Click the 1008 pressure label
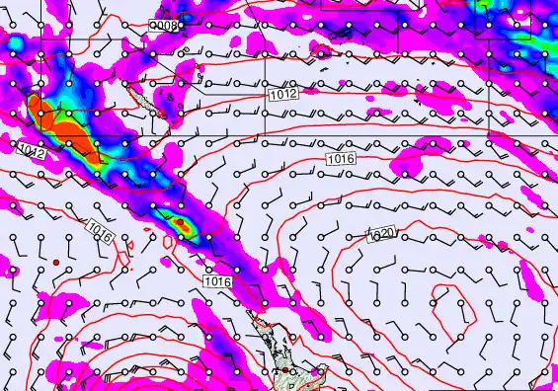coord(166,24)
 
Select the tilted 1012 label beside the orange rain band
coord(30,149)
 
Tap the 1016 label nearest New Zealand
coord(217,282)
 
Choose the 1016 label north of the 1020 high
coord(340,158)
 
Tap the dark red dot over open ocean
coord(57,262)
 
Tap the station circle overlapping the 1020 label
coord(369,235)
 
